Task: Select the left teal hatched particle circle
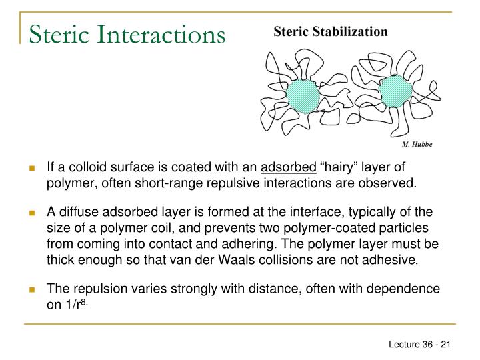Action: click(303, 97)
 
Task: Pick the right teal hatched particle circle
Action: click(395, 91)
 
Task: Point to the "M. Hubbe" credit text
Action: click(417, 144)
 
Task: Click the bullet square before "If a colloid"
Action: click(32, 167)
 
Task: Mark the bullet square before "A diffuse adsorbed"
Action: click(32, 213)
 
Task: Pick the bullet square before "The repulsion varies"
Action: click(32, 290)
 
